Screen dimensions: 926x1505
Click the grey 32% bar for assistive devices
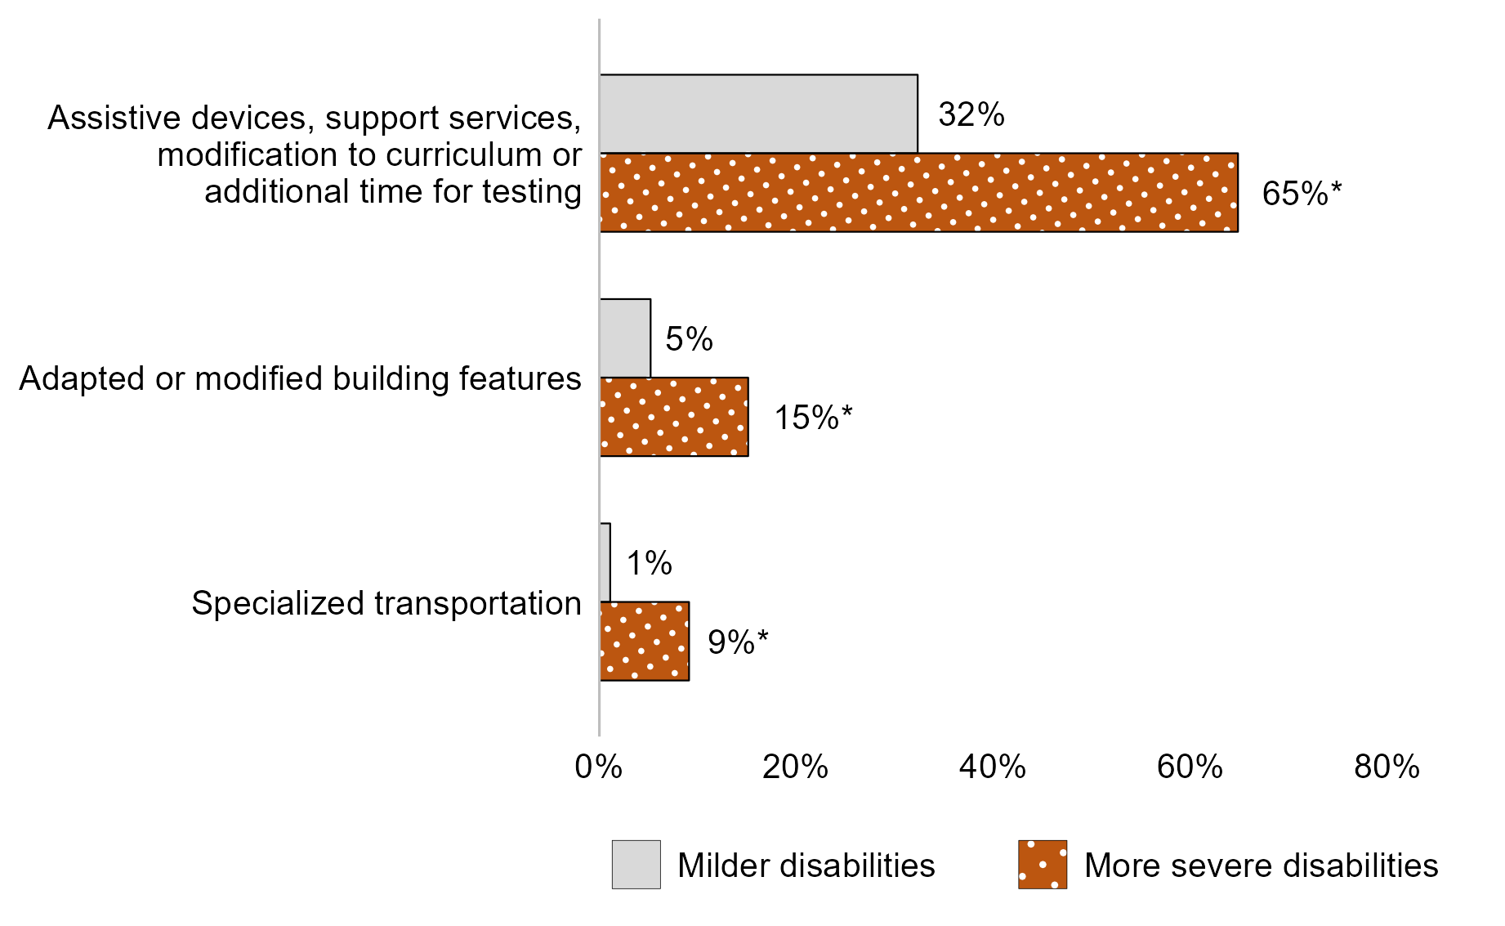click(x=758, y=114)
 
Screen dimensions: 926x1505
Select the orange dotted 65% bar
click(x=918, y=193)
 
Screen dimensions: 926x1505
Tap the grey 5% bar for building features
click(x=625, y=338)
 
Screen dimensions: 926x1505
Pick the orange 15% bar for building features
click(x=674, y=417)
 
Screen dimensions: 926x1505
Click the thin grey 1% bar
click(x=605, y=562)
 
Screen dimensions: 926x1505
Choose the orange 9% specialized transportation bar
click(x=645, y=641)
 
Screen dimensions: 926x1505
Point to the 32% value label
click(x=971, y=114)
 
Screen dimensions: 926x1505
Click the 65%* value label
click(x=1302, y=194)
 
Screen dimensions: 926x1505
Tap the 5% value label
click(x=689, y=338)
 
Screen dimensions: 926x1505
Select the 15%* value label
click(x=812, y=418)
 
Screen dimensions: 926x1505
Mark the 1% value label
click(x=649, y=563)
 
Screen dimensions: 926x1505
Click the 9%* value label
click(x=738, y=642)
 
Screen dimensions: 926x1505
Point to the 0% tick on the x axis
click(x=598, y=767)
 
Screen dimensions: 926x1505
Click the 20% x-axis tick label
click(x=795, y=767)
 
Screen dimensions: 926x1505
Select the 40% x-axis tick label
click(x=992, y=767)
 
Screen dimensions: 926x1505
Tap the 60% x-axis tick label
click(x=1190, y=767)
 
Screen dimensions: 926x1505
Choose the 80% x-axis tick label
click(x=1387, y=767)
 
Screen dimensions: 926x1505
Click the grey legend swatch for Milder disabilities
click(x=636, y=865)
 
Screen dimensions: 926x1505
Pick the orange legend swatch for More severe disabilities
click(x=1042, y=865)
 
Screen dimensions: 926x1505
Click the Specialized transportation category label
click(x=386, y=603)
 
